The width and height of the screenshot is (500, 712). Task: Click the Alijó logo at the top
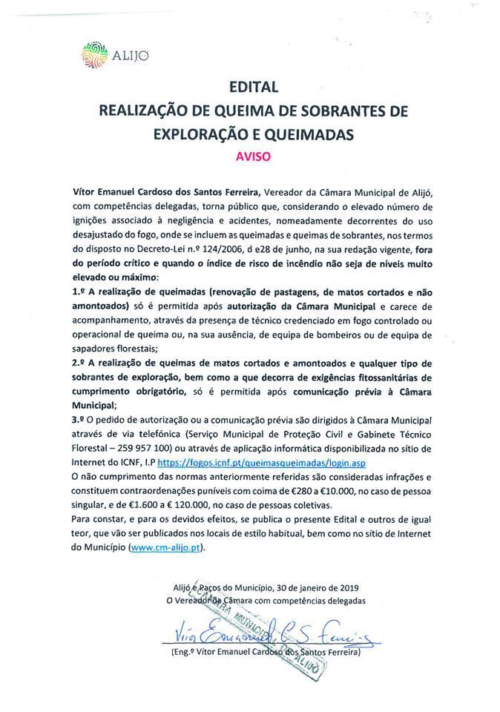tap(106, 54)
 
